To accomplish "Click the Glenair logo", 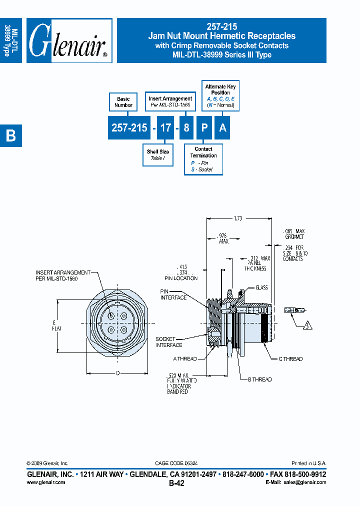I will pyautogui.click(x=69, y=40).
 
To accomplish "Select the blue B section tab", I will pyautogui.click(x=11, y=135).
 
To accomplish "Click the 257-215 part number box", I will pyautogui.click(x=129, y=128).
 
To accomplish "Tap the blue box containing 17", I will pyautogui.click(x=165, y=128).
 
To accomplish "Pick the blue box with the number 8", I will pyautogui.click(x=186, y=128).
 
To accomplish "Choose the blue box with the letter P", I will pyautogui.click(x=204, y=128).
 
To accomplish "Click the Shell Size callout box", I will pyautogui.click(x=157, y=155).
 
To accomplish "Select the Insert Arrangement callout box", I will pyautogui.click(x=170, y=102).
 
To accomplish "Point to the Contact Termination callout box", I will pyautogui.click(x=203, y=159).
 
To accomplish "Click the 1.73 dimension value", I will pyautogui.click(x=238, y=218).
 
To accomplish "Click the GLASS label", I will pyautogui.click(x=261, y=287).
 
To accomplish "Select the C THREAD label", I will pyautogui.click(x=290, y=359).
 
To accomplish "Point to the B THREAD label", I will pyautogui.click(x=259, y=379).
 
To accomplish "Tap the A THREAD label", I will pyautogui.click(x=185, y=359).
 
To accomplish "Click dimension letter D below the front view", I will pyautogui.click(x=118, y=373).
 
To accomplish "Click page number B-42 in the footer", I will pyautogui.click(x=176, y=483).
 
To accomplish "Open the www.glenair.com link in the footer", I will pyautogui.click(x=45, y=482).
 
